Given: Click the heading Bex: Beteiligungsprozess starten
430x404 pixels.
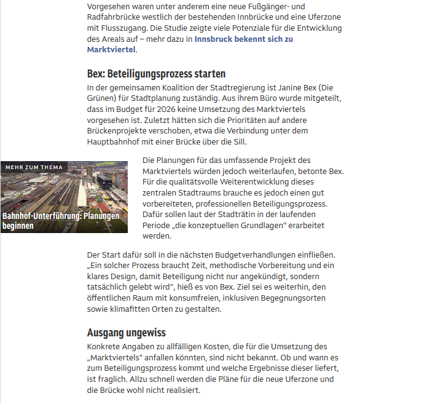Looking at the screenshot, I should (x=157, y=74).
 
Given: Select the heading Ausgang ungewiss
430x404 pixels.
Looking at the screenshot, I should (x=127, y=333).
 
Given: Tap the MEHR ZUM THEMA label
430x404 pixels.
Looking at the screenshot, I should (x=34, y=167).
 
